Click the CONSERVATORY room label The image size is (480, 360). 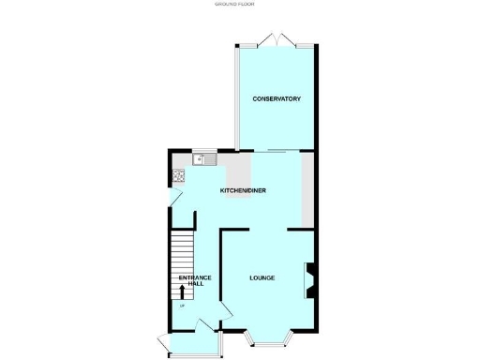point(276,98)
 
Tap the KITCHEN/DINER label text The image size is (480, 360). point(244,190)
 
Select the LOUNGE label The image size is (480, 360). point(262,277)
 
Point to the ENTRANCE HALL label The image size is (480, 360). point(196,280)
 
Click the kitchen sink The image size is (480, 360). point(204,159)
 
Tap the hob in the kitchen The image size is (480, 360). point(177,176)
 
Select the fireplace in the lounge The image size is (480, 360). point(308,280)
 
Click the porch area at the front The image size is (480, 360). point(193,344)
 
